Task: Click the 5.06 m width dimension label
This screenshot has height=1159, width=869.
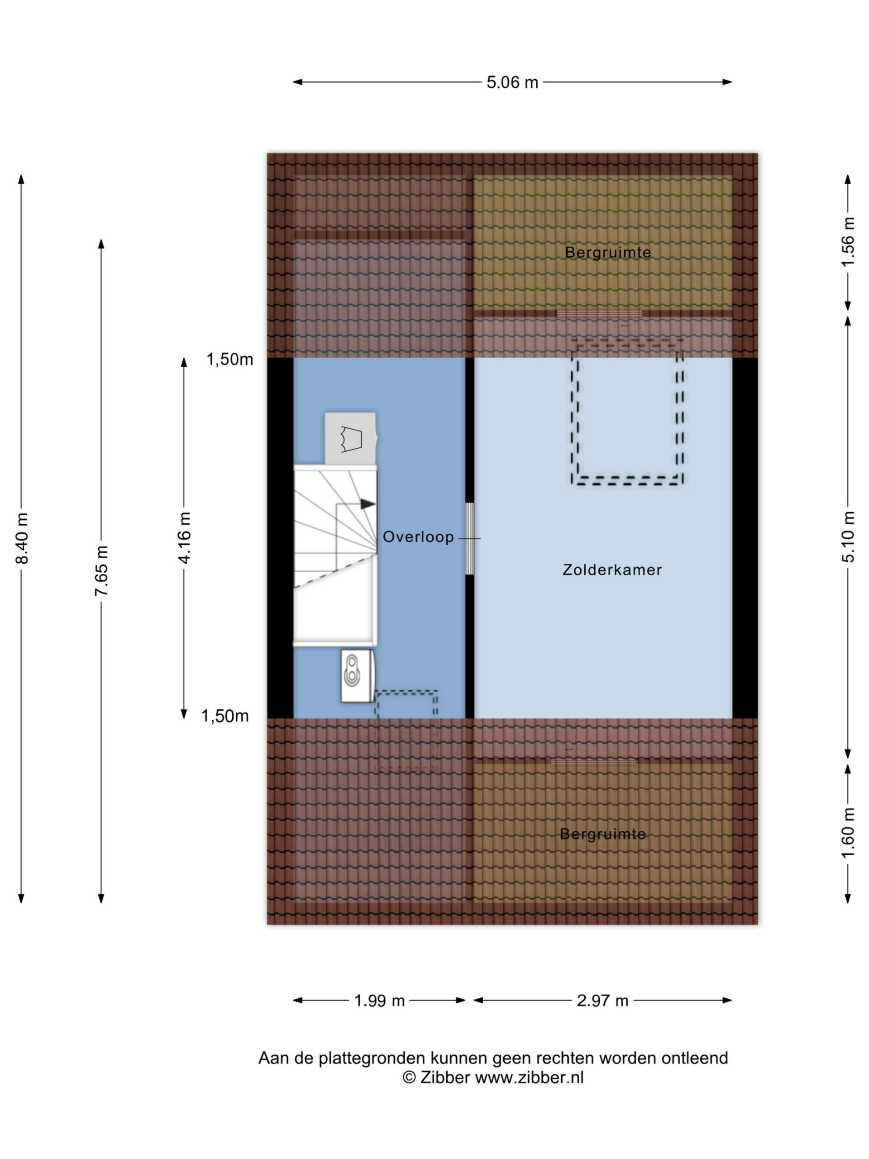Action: point(512,82)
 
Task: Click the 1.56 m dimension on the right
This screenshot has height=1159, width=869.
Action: point(848,242)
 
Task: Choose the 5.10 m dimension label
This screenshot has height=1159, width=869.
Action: point(848,537)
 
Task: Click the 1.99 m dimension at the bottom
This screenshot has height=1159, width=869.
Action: point(379,1001)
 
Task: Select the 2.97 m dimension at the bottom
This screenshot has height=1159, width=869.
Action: point(602,1001)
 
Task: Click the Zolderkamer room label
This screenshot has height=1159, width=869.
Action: point(612,570)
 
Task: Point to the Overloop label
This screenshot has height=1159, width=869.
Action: point(418,537)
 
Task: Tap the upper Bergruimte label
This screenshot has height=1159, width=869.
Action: point(607,253)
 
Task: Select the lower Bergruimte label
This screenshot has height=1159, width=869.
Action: point(602,834)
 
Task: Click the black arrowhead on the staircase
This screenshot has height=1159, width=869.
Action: point(368,504)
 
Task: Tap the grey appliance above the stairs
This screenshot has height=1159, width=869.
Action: point(350,439)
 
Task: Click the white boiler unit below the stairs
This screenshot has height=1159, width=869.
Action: point(357,676)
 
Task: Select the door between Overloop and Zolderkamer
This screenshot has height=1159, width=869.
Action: point(470,539)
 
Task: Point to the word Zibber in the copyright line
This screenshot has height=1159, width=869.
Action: point(445,1078)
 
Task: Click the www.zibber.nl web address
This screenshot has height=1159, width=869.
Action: point(529,1078)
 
